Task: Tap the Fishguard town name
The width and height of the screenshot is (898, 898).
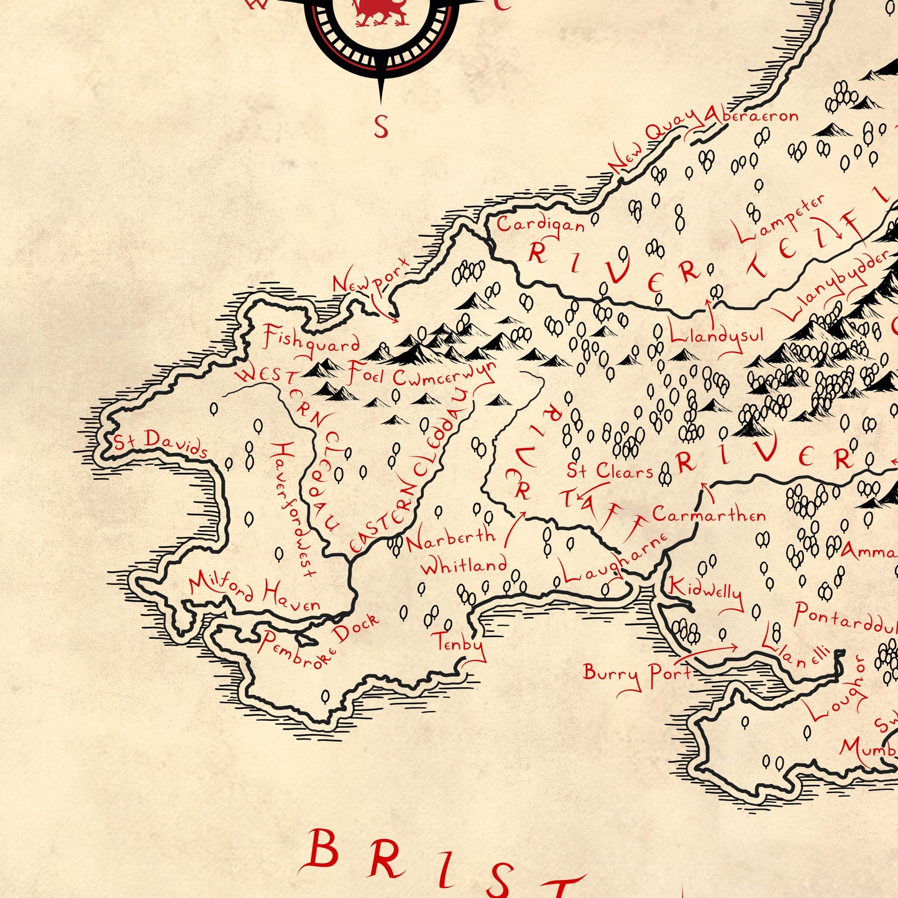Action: click(311, 341)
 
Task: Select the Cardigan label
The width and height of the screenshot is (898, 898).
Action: click(541, 224)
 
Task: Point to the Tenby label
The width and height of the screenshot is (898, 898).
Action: click(460, 643)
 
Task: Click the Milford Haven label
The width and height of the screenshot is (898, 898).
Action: click(255, 592)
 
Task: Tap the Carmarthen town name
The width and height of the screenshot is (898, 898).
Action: click(709, 515)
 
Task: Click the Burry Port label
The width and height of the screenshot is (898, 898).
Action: click(637, 674)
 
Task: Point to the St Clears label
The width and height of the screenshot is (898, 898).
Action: click(610, 470)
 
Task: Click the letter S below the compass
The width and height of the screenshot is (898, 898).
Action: click(381, 127)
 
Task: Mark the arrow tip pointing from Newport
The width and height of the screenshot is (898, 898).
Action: click(395, 321)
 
